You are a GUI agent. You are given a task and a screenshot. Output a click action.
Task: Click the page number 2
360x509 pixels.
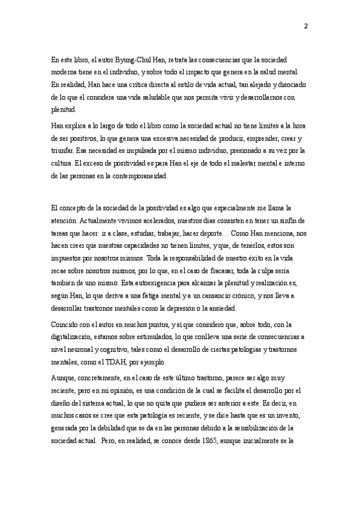click(x=306, y=26)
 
